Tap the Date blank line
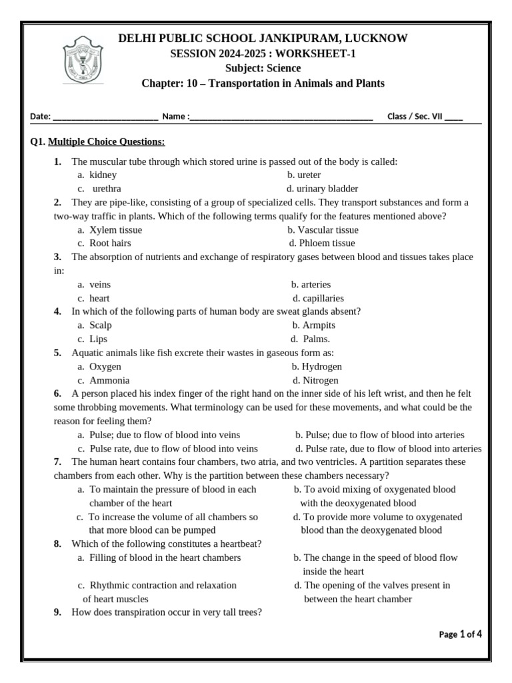pos(105,117)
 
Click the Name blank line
pos(281,117)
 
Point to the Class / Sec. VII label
pos(415,116)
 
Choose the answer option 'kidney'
pos(103,175)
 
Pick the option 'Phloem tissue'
pos(327,243)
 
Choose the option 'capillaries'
pos(323,298)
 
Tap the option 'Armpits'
pos(319,325)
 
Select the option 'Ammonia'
pos(109,380)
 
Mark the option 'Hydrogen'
pos(321,367)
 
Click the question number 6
pos(58,394)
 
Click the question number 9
pos(58,613)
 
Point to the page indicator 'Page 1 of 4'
pos(460,634)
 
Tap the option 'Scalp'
pos(101,325)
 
